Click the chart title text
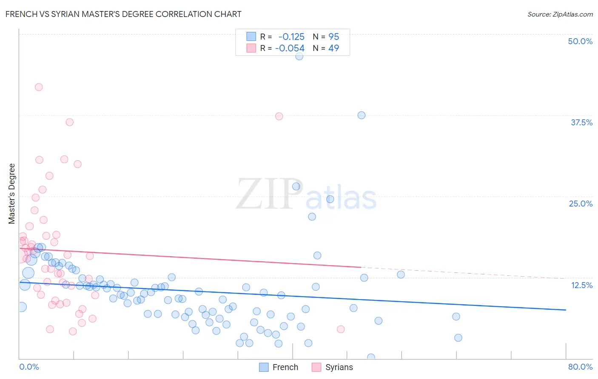(123, 14)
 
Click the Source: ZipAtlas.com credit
(560, 14)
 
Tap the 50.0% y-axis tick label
(580, 41)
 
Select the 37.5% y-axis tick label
(581, 122)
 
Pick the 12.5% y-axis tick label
(581, 285)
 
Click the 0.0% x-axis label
(29, 367)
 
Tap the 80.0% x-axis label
(580, 367)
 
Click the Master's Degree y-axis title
(11, 193)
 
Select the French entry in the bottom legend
(285, 367)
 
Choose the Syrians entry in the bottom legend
(339, 367)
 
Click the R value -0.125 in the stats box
(291, 37)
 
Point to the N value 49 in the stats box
(333, 48)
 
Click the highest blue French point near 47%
(299, 56)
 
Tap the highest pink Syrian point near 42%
(39, 87)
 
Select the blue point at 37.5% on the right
(362, 115)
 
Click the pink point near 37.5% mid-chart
(279, 116)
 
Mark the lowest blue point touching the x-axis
(371, 357)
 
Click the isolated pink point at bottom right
(341, 329)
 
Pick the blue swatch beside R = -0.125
(251, 37)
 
